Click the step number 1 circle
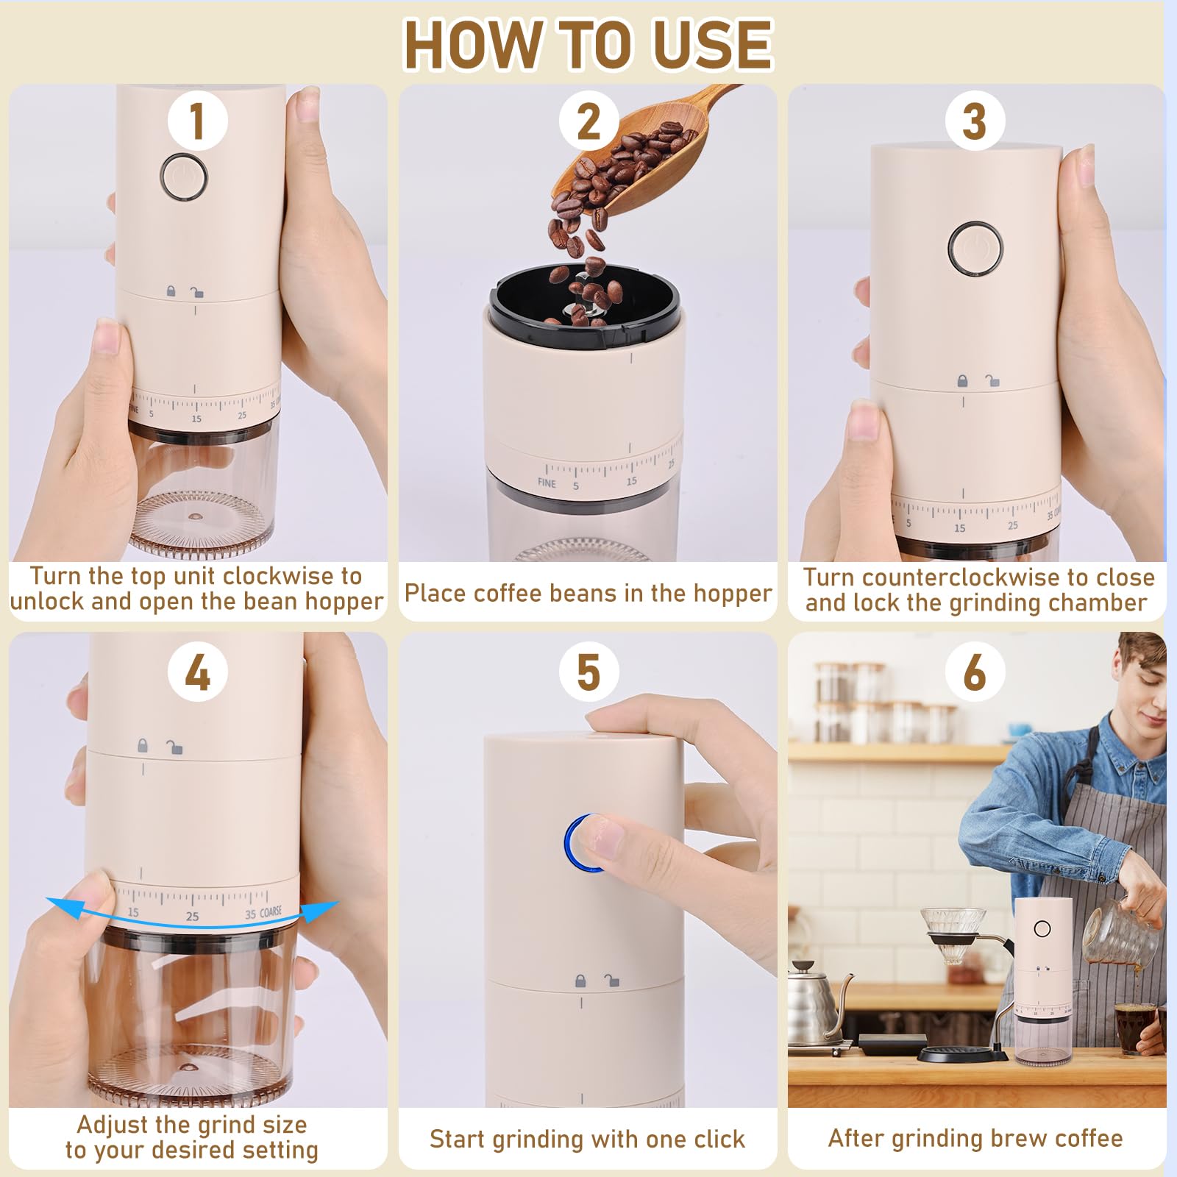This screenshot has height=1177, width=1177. (196, 121)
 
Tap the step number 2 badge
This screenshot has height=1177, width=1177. (588, 121)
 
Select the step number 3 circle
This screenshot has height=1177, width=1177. (974, 121)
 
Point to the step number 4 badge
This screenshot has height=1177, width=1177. (196, 672)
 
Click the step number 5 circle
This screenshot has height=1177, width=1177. (588, 672)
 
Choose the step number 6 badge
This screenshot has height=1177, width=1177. (974, 672)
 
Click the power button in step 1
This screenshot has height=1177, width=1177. (184, 177)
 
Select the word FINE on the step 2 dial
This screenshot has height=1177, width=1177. (547, 483)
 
